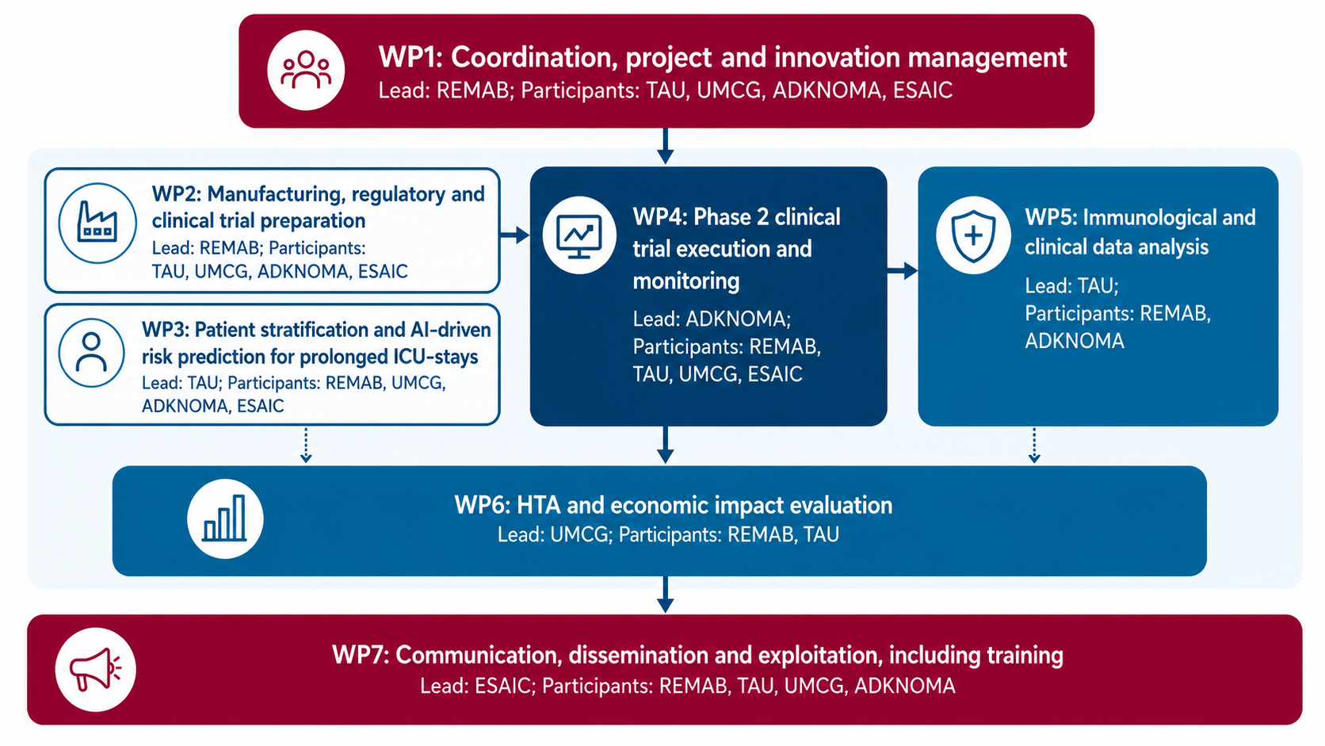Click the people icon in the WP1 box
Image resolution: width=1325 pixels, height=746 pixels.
[306, 71]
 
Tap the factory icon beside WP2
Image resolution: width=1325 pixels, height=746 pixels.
[97, 223]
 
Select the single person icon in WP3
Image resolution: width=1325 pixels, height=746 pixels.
[92, 353]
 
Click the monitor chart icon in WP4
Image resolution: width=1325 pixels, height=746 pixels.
[579, 235]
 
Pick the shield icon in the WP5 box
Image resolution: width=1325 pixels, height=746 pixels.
[973, 235]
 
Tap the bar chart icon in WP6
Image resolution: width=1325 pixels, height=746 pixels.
[225, 518]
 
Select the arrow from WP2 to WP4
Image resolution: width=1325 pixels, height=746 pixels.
[514, 235]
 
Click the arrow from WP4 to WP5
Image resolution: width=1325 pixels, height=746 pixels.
[903, 271]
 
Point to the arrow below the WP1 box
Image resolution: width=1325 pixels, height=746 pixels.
[666, 146]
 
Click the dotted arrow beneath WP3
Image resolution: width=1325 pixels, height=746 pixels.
[306, 444]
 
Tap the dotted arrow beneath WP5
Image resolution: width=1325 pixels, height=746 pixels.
[1034, 444]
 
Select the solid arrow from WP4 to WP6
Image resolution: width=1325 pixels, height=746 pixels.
[666, 445]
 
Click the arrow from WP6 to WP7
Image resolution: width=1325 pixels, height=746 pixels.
[666, 595]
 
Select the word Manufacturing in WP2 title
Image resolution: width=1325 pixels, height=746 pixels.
[282, 194]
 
